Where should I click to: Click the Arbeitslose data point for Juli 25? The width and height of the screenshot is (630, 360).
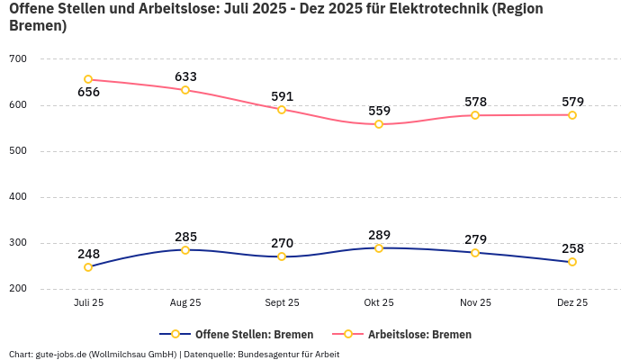pyautogui.click(x=88, y=79)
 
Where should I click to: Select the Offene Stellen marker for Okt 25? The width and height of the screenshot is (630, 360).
pyautogui.click(x=379, y=248)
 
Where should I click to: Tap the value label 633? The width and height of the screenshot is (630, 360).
pyautogui.click(x=185, y=76)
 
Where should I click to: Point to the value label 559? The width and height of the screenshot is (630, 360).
pyautogui.click(x=379, y=111)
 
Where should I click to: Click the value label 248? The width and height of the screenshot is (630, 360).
pyautogui.click(x=88, y=254)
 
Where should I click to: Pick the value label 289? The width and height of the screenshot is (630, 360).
pyautogui.click(x=379, y=235)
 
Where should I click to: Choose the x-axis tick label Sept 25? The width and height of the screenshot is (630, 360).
pyautogui.click(x=282, y=302)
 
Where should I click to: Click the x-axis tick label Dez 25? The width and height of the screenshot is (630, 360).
pyautogui.click(x=572, y=302)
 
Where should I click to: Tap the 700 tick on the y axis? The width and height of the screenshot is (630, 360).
pyautogui.click(x=18, y=59)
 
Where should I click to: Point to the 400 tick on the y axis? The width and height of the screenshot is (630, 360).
pyautogui.click(x=18, y=197)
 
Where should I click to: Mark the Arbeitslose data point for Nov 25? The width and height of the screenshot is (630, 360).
pyautogui.click(x=475, y=115)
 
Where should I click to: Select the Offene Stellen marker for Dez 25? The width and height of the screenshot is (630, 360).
pyautogui.click(x=572, y=262)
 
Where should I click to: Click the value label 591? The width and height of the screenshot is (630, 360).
pyautogui.click(x=282, y=96)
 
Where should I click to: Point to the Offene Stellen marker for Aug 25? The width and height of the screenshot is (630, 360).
pyautogui.click(x=185, y=250)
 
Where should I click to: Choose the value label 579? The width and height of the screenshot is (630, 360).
pyautogui.click(x=572, y=102)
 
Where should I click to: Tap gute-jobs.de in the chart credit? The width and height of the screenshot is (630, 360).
pyautogui.click(x=60, y=354)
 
